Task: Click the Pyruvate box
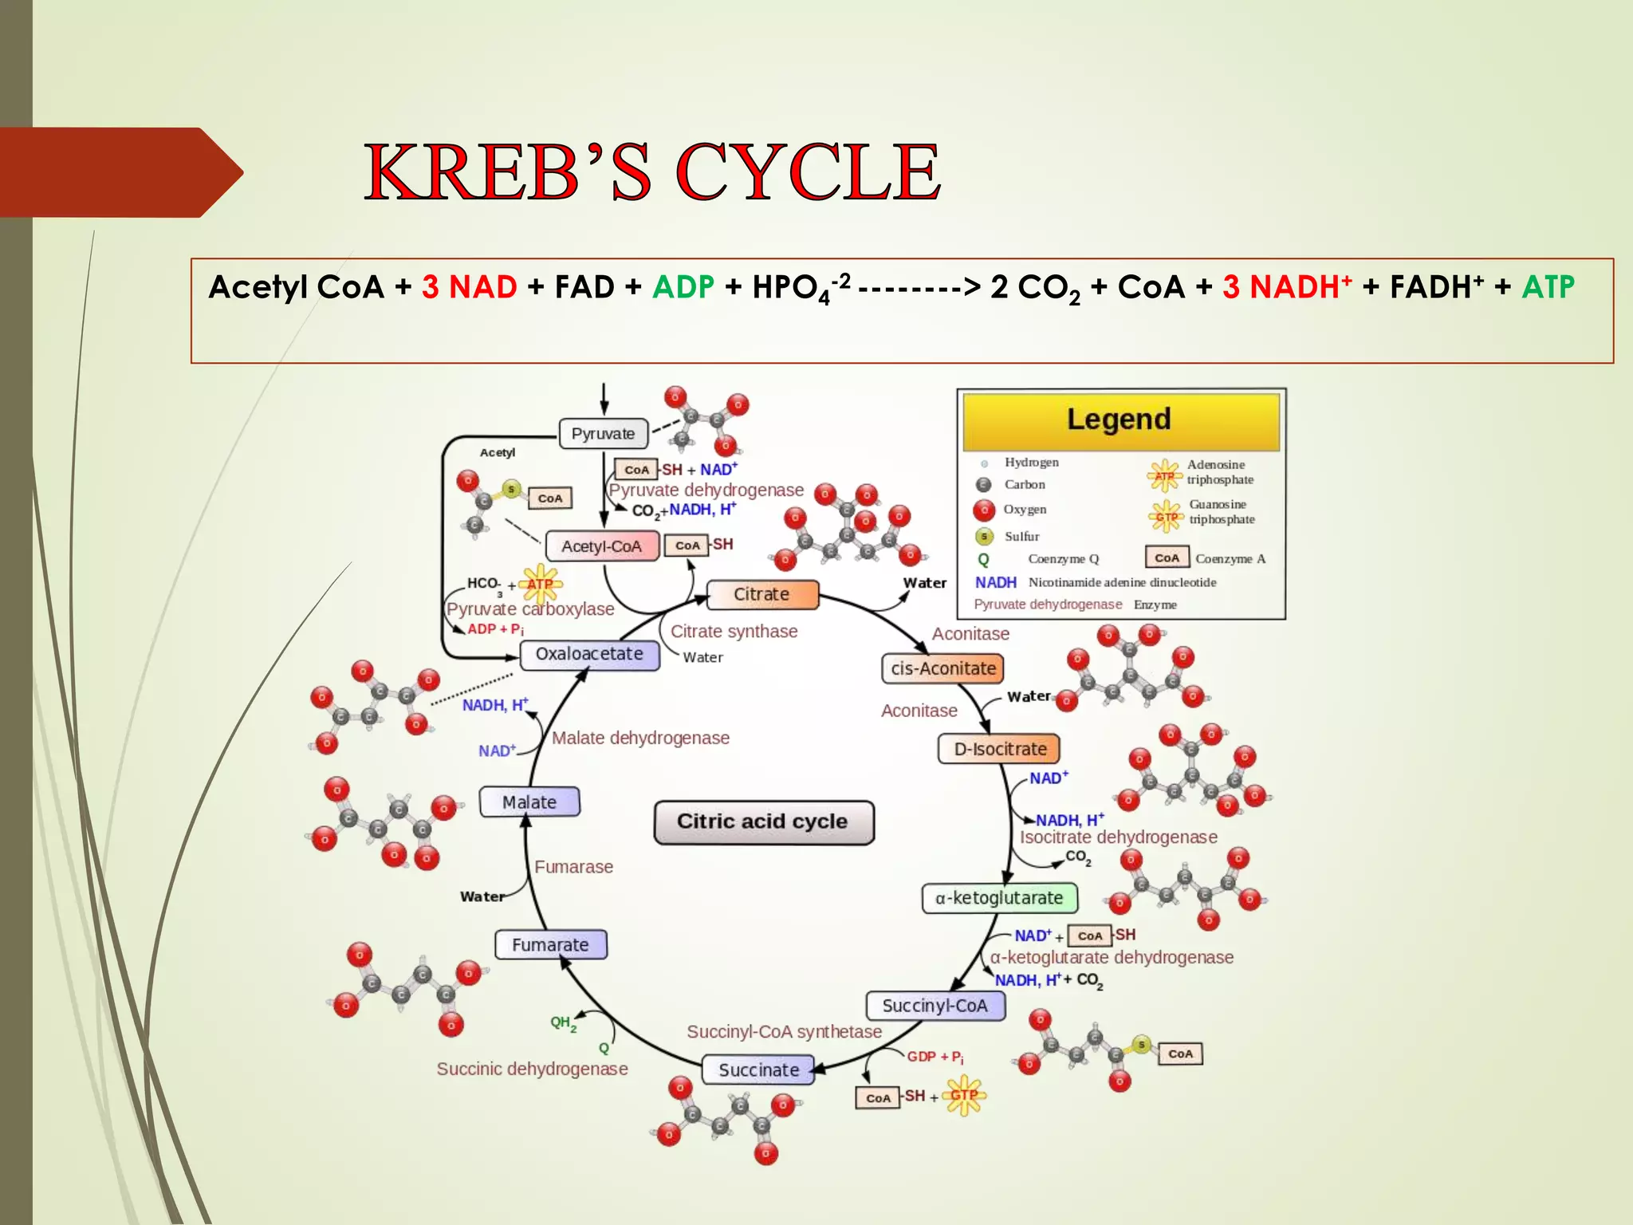point(603,434)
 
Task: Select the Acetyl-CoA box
point(602,546)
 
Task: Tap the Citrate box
point(761,594)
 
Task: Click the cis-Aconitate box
point(942,668)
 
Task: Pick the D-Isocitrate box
point(999,749)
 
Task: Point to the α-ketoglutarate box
point(999,898)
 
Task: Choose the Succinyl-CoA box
point(935,1006)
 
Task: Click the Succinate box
point(758,1069)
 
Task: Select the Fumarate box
point(550,944)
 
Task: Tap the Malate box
point(529,802)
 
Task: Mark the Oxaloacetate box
point(589,654)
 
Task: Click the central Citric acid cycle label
point(763,821)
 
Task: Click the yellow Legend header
point(1119,420)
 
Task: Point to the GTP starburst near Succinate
point(964,1096)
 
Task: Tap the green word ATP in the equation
point(1548,287)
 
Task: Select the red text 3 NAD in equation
point(470,287)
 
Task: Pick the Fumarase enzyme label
point(573,867)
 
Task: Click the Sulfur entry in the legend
point(1021,536)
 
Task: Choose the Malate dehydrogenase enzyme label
point(640,738)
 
